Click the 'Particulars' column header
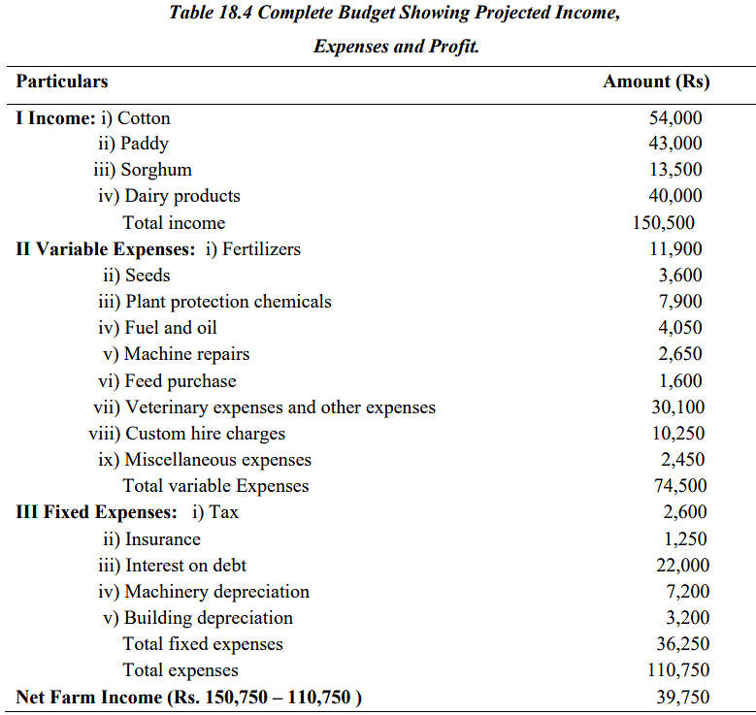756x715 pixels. pos(62,81)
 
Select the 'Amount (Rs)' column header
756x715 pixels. pos(656,81)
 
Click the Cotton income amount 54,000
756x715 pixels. pos(675,118)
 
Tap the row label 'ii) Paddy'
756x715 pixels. pos(133,144)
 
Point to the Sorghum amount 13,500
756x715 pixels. pos(675,170)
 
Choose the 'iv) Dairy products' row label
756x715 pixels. pos(169,196)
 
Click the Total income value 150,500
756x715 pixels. pos(664,223)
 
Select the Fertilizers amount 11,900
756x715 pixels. pos(675,249)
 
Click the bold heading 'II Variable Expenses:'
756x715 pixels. pos(106,249)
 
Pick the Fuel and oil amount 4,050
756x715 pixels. pos(680,328)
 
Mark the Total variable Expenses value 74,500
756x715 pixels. pos(679,486)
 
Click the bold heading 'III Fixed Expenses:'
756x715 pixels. pos(97,512)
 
